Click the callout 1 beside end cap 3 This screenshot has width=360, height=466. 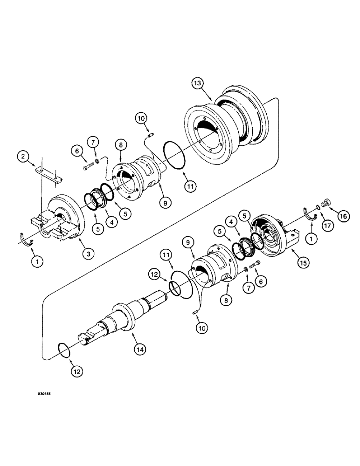coord(38,262)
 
